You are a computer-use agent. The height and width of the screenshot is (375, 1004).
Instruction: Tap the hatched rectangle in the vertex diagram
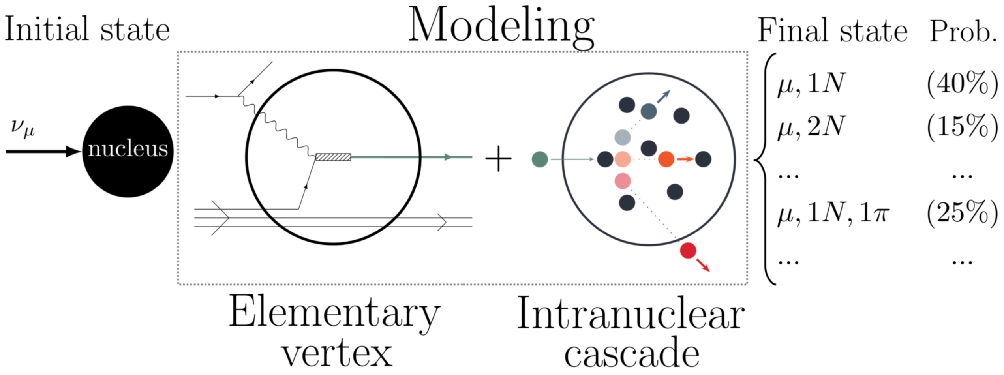tap(333, 157)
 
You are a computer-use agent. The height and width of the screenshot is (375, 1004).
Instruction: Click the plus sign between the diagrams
tap(498, 159)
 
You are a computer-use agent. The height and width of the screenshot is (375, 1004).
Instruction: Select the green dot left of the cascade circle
tap(540, 159)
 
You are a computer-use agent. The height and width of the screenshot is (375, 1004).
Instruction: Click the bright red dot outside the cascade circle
tap(688, 250)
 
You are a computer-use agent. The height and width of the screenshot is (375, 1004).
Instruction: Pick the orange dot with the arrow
tap(666, 159)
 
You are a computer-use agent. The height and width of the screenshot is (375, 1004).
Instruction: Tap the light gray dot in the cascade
tap(623, 137)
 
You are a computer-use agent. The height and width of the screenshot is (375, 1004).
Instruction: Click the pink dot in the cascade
tap(623, 181)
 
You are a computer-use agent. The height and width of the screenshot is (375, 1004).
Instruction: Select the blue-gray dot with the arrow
tap(648, 111)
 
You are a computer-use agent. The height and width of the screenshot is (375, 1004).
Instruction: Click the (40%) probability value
tap(962, 84)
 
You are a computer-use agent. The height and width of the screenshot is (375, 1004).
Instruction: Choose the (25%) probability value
tap(962, 214)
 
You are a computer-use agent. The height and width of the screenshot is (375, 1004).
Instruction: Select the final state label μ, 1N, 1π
tap(833, 214)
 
